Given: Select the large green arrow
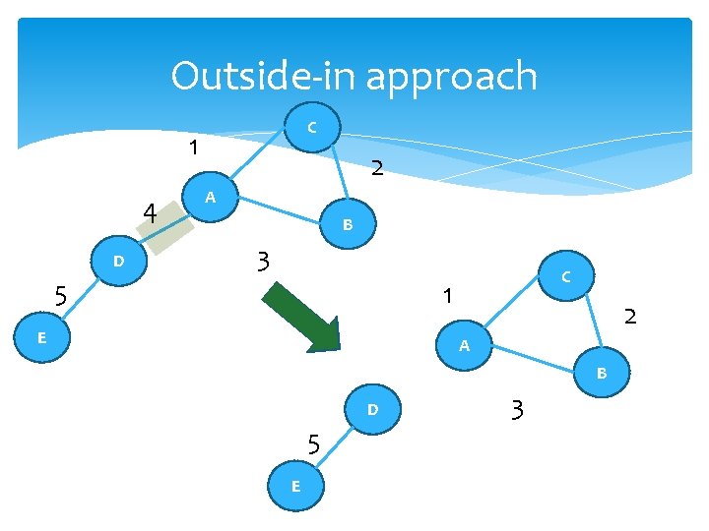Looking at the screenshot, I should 306,316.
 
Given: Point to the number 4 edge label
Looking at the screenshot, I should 150,212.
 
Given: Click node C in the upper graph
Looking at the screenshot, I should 311,127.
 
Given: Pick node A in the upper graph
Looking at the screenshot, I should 209,198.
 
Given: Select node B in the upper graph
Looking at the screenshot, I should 347,225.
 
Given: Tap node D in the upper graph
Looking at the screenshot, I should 118,262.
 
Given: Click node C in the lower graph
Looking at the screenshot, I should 566,278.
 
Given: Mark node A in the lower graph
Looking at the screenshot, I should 464,346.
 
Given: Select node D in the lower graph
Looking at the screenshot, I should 372,409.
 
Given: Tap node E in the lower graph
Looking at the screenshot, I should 295,487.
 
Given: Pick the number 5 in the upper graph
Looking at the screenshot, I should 61,295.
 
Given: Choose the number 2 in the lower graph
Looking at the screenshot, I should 630,317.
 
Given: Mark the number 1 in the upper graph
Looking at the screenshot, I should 195,148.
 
